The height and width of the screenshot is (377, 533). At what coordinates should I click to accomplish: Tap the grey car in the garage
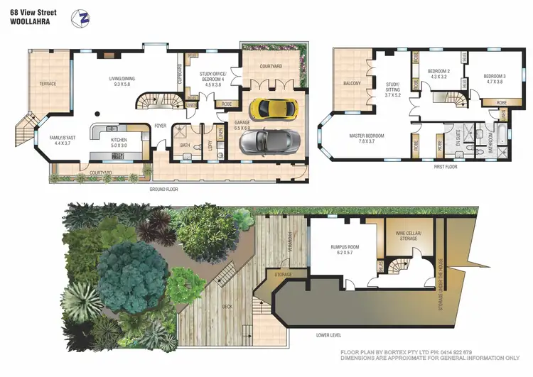point(265,141)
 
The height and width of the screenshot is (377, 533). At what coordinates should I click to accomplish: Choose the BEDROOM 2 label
point(438,74)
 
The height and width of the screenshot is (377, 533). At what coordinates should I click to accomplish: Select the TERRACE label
point(48,84)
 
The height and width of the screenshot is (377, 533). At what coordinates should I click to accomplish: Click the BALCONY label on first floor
point(351,84)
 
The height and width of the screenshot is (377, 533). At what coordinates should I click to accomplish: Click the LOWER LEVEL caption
point(329,334)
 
